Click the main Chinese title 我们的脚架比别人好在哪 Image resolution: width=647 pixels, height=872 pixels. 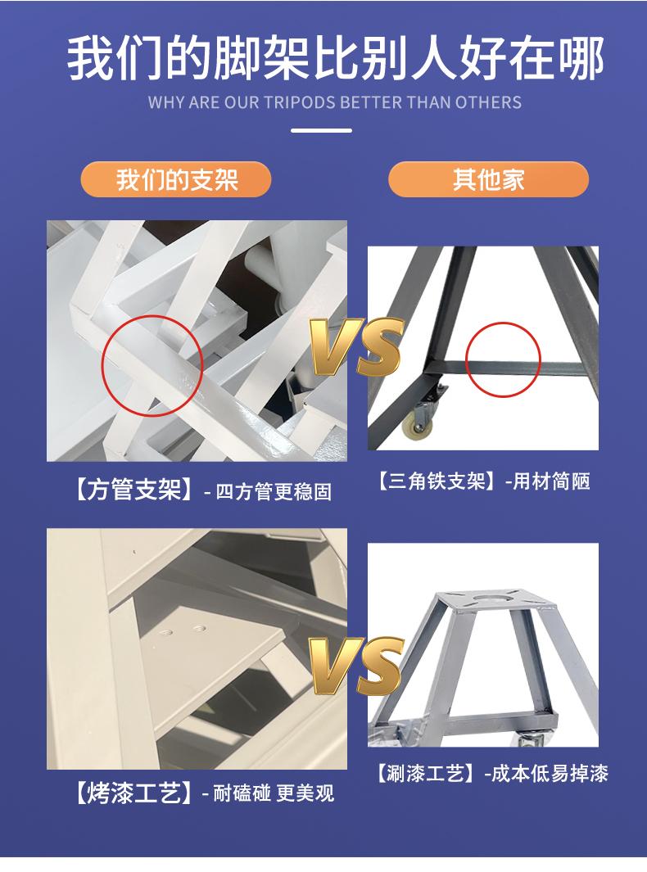click(336, 58)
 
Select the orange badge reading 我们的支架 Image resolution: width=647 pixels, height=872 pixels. click(176, 179)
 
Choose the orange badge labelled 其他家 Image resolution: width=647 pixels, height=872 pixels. click(488, 179)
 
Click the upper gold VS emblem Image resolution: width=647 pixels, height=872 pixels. click(356, 346)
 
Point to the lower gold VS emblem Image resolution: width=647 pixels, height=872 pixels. click(356, 666)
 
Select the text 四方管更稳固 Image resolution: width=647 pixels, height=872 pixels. click(274, 491)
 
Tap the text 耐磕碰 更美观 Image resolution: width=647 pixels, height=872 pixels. click(274, 793)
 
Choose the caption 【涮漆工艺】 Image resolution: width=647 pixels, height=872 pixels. click(426, 773)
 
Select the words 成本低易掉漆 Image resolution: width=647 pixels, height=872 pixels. click(550, 773)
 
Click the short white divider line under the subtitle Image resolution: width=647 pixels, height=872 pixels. click(322, 131)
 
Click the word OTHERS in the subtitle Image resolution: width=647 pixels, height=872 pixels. click(488, 102)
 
